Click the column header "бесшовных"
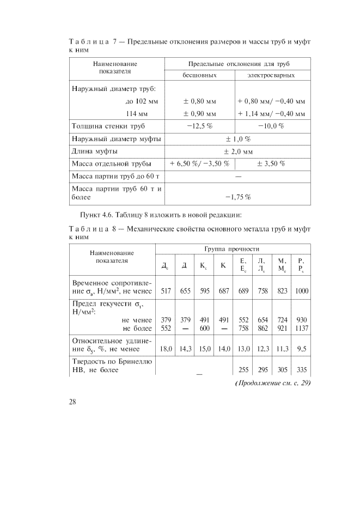199,75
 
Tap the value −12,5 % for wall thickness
199,126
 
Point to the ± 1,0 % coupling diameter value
237,139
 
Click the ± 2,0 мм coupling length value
237,151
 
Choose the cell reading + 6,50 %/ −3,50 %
199,163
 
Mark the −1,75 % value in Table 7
237,197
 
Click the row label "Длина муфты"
95,151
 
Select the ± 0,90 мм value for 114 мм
199,114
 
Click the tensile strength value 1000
301,291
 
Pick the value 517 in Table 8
166,291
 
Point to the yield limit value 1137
301,329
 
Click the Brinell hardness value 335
301,369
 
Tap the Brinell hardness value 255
243,369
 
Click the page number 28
72,402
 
